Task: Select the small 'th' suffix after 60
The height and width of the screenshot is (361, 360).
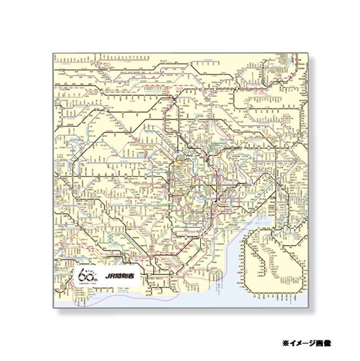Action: [99, 281]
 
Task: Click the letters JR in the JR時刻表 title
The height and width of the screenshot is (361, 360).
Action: [110, 278]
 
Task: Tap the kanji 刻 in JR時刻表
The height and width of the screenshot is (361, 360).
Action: [128, 278]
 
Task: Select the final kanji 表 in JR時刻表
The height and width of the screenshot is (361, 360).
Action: [136, 278]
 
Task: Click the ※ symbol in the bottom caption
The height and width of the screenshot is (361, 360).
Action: [286, 342]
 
